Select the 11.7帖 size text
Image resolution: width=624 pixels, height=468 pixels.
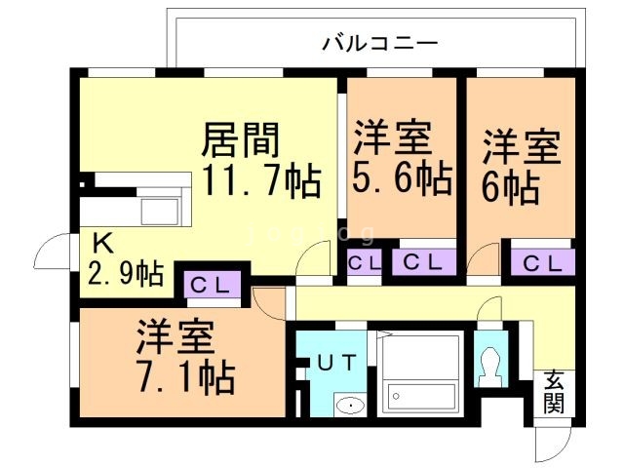261,181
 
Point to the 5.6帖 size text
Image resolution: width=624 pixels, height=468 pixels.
402,179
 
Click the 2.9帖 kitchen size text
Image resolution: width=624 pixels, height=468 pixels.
125,273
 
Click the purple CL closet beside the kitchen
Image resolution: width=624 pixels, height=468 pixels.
210,285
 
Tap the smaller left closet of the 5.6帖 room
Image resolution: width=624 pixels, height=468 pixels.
365,262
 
